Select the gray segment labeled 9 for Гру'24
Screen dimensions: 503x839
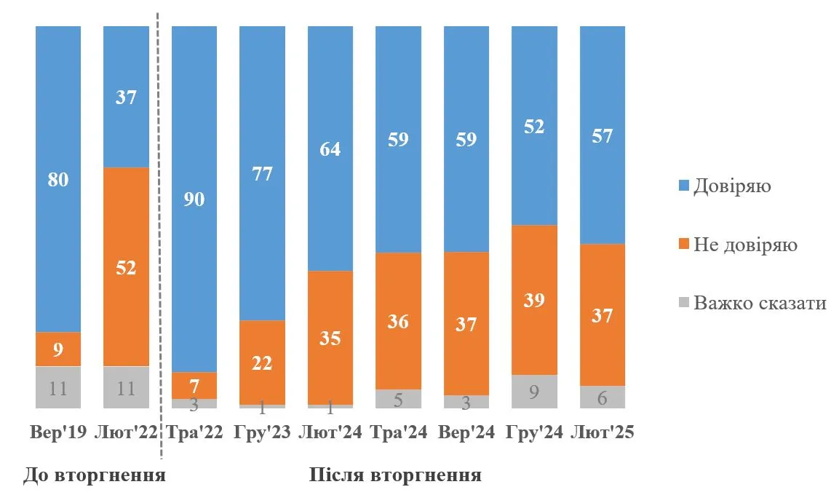click(534, 391)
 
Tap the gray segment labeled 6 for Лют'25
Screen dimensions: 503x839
click(602, 397)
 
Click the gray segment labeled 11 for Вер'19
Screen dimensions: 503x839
click(58, 387)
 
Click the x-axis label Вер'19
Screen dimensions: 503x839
click(58, 432)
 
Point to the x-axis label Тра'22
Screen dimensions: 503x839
click(194, 432)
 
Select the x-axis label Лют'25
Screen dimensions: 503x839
click(603, 432)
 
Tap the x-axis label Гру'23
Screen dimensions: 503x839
click(262, 432)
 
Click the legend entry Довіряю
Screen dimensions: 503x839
click(731, 186)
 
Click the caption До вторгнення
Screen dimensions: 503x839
click(95, 476)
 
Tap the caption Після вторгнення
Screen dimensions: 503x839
click(395, 476)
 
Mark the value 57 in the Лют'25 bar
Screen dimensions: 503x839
click(602, 135)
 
